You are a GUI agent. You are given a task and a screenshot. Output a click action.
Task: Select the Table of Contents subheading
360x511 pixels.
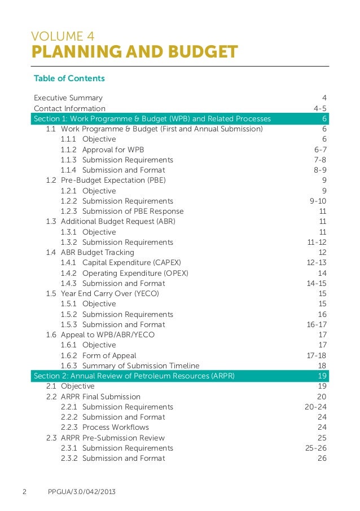[69, 78]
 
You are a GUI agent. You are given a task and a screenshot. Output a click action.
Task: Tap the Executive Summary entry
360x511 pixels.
[68, 98]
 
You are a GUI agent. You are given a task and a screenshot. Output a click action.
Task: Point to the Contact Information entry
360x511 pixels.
[69, 108]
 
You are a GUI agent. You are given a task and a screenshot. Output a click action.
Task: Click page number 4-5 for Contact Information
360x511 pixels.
[320, 108]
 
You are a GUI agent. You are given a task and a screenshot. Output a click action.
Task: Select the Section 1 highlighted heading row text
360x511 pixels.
[152, 118]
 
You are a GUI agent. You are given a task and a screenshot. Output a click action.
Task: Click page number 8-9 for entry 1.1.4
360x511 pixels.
[320, 170]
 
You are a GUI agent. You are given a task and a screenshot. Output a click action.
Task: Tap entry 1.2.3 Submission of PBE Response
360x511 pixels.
[122, 211]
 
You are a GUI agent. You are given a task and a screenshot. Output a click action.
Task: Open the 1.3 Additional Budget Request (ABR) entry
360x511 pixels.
[111, 222]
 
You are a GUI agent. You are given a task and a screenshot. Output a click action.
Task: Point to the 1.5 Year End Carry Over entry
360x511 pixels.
[103, 294]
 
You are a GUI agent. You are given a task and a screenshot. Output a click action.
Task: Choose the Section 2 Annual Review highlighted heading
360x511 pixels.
[134, 376]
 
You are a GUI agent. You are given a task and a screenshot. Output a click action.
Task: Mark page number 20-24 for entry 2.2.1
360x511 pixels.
[315, 407]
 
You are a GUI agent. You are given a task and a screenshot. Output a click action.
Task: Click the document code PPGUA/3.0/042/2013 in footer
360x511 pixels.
[82, 492]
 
